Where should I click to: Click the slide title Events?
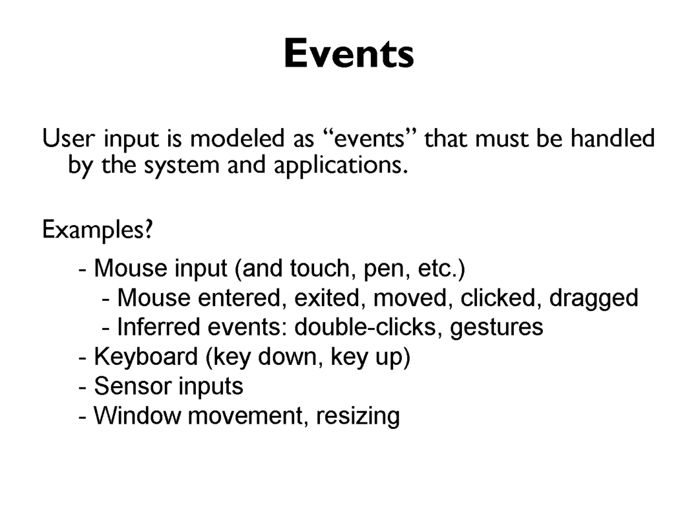coord(349,54)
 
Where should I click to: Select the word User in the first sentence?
coord(68,138)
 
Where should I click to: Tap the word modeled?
coord(237,138)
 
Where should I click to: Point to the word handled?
coord(613,138)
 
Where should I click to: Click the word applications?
coord(341,166)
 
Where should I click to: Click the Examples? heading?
coord(98,230)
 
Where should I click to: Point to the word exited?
coord(327,298)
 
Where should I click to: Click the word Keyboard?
coord(146,356)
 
